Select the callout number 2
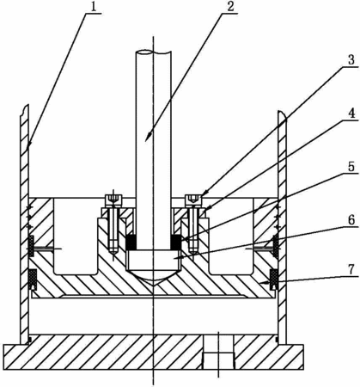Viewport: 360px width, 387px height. point(231,7)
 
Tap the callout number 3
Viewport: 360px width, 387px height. point(351,59)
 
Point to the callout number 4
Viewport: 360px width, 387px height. point(351,114)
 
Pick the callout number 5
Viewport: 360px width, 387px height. point(351,167)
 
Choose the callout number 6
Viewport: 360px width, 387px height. point(351,220)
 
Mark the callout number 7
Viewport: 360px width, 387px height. point(351,269)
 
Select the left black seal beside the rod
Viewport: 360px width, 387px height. point(131,242)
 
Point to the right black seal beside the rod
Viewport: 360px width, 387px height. point(176,242)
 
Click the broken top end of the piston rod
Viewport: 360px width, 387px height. point(154,52)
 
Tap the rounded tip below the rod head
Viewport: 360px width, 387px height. point(154,275)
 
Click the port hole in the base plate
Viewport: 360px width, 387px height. point(218,352)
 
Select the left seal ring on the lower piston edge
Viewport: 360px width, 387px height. point(34,279)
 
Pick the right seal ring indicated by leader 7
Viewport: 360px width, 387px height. point(274,279)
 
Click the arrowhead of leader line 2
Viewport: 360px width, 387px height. point(147,137)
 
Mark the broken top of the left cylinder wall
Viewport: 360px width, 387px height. point(24,110)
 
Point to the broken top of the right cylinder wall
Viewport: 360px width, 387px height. point(282,114)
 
